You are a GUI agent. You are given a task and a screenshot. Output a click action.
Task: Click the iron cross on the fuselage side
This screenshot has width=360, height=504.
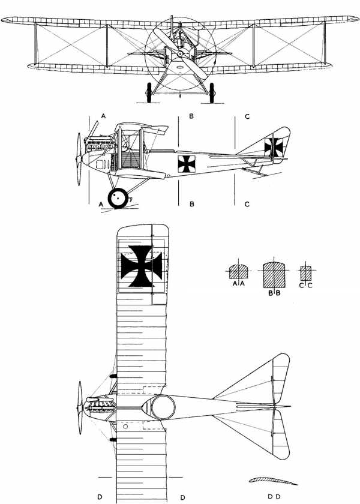tap(187, 164)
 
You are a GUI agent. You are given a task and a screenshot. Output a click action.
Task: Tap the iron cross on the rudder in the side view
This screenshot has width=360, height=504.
tap(274, 147)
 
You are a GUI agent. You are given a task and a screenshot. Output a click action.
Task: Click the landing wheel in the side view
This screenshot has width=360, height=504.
tap(118, 199)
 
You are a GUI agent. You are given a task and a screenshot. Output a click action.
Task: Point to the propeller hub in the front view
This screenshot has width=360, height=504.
tap(181, 53)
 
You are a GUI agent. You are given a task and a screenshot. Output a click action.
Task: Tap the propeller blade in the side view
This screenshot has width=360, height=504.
tap(79, 159)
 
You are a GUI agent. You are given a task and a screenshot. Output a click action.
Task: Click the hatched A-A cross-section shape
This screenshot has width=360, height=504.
tap(239, 272)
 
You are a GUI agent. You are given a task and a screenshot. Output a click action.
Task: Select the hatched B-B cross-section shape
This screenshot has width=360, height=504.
tap(274, 275)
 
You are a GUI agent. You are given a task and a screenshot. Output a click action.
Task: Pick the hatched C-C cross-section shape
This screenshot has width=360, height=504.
tap(305, 273)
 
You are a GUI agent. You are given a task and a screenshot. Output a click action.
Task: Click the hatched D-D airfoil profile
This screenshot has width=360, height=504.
tap(273, 481)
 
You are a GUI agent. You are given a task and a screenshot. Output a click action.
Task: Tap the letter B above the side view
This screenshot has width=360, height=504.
tap(191, 116)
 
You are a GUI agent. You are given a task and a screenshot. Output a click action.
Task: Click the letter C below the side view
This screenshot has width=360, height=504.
tap(247, 204)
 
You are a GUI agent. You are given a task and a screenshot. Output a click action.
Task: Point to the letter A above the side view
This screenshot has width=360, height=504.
tap(103, 116)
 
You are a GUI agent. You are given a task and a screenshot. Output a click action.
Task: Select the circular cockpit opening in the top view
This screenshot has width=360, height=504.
tap(163, 407)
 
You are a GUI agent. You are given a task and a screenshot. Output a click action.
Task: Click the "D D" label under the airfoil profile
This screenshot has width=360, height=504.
tap(274, 497)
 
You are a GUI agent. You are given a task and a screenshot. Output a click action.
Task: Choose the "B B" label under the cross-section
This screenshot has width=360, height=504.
tap(274, 293)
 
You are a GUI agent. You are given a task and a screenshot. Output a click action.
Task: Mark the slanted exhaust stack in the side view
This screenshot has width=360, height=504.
tap(93, 129)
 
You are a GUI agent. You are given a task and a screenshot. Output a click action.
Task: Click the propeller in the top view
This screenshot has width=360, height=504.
tap(80, 407)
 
